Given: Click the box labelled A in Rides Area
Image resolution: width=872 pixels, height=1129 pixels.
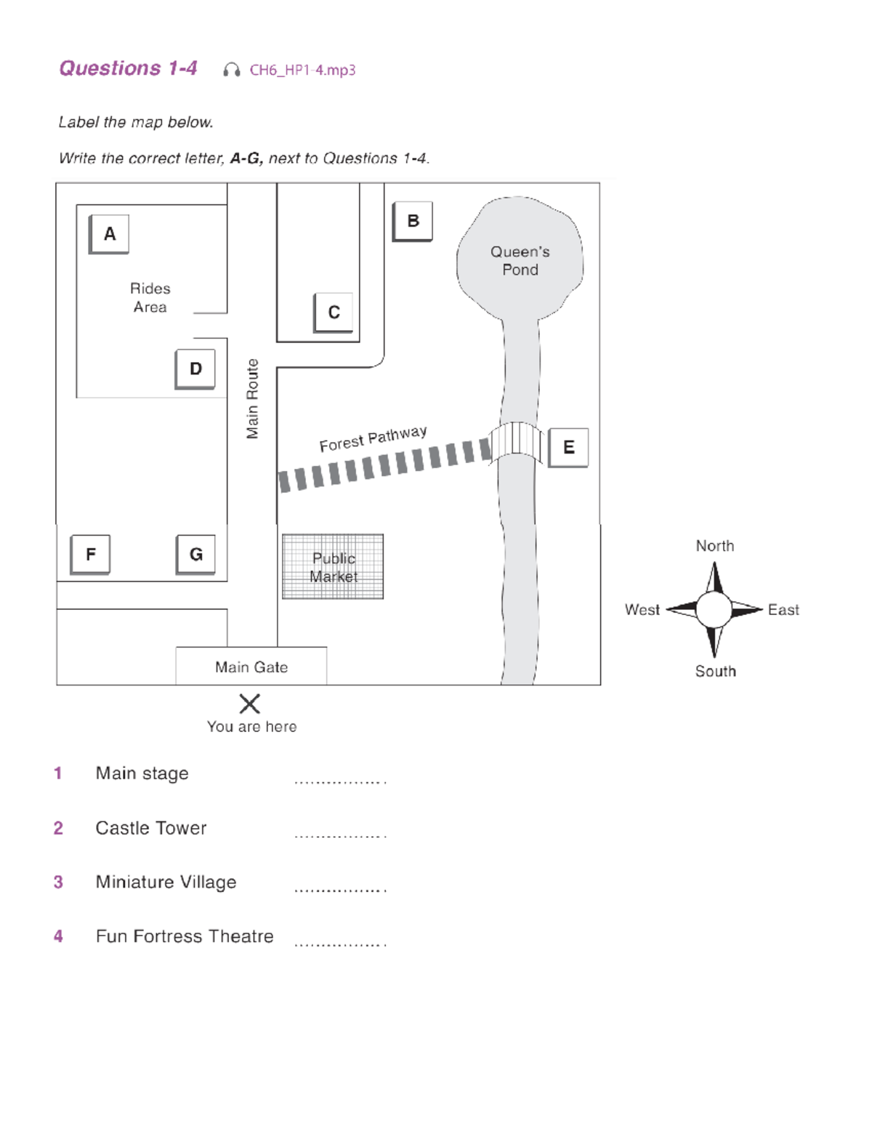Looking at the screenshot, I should (109, 234).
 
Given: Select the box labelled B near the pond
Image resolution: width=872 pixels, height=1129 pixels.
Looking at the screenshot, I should (413, 221).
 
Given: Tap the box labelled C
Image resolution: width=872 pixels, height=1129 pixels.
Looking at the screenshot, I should (334, 313).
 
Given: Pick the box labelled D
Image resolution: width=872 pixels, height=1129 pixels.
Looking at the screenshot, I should (195, 369).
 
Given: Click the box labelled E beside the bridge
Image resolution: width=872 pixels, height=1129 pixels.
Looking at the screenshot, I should (568, 447).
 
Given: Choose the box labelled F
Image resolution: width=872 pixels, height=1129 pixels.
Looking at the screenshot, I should (91, 555).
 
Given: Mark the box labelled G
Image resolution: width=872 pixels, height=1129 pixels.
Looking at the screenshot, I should (195, 555).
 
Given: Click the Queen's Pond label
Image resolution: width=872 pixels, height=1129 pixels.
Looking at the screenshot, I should (520, 260).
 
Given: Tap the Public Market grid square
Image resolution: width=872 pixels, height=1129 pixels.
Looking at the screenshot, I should (333, 567).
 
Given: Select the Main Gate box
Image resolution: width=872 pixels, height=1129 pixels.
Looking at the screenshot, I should (251, 666).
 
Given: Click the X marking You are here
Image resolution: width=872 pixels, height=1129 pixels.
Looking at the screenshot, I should (249, 703).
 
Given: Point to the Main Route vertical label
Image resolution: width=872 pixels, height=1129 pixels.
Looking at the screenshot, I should (252, 398).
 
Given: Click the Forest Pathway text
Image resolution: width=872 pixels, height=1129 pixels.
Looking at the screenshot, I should (373, 438).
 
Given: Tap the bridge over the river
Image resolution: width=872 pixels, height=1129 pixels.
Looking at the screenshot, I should (516, 442).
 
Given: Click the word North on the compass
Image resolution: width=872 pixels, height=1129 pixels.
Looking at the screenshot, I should (714, 546).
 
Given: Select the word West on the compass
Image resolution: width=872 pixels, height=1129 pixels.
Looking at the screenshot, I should (642, 610).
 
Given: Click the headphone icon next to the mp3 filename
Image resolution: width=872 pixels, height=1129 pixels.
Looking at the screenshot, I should (232, 70).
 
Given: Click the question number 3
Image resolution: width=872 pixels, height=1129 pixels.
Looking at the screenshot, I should (58, 882).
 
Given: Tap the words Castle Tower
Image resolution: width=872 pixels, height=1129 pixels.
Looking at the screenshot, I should (151, 828).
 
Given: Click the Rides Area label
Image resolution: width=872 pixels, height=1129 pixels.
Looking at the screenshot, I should (150, 298).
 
